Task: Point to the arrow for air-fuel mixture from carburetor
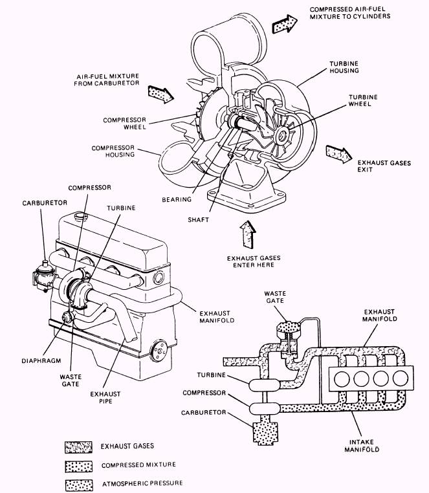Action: (160, 93)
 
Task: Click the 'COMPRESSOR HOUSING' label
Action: (113, 151)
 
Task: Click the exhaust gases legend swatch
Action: (78, 446)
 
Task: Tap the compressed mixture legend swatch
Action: (78, 465)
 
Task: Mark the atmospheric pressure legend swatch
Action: (78, 483)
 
